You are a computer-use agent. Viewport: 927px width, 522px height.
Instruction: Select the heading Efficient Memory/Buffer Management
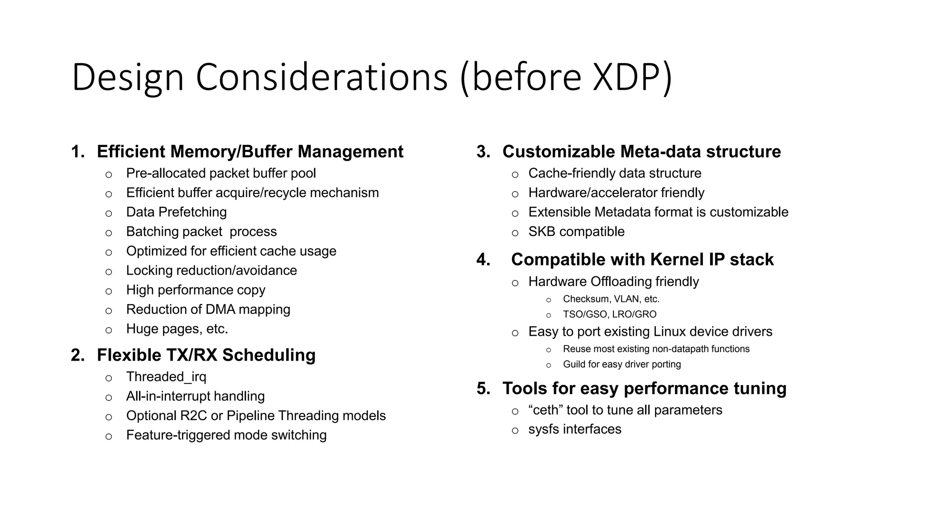tap(250, 151)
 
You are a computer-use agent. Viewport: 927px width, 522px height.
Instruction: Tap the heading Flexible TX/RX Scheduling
tap(206, 355)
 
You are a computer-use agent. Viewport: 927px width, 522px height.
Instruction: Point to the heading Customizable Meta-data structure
tap(641, 151)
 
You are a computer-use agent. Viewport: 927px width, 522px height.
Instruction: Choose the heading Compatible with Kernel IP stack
tap(642, 260)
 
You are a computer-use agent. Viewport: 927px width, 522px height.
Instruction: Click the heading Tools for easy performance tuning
tap(644, 388)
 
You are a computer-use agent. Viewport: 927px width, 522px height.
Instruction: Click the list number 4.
tap(483, 260)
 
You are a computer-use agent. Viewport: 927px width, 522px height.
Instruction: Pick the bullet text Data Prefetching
tap(176, 212)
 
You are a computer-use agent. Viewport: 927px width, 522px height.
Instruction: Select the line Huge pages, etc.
tap(177, 329)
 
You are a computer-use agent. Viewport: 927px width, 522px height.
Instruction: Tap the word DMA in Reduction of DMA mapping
tap(220, 309)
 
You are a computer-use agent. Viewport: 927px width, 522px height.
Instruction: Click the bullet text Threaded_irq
tap(166, 377)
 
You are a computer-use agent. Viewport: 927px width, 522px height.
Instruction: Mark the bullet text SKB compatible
tap(576, 232)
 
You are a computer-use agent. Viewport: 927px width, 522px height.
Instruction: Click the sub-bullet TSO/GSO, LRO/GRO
tap(609, 314)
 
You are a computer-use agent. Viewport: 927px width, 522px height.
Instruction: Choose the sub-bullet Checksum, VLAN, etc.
tap(611, 299)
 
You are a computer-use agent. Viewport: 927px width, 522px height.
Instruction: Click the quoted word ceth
tap(545, 410)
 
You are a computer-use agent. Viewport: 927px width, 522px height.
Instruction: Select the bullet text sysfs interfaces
tap(575, 429)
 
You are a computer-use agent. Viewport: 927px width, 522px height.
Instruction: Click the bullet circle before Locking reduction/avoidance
tap(109, 272)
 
